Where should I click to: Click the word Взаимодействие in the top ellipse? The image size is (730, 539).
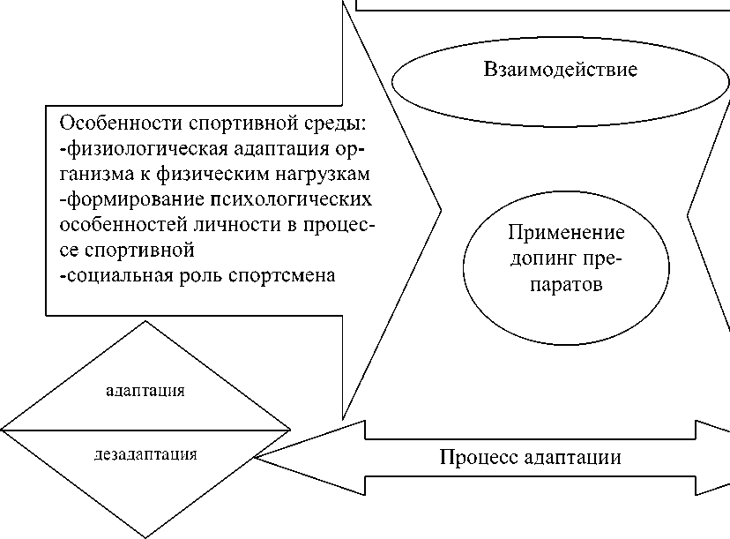pos(560,70)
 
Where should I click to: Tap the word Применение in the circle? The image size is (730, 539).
pos(566,234)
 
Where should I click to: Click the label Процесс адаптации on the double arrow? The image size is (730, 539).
pos(531,458)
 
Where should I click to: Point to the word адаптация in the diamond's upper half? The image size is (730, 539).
pos(145,390)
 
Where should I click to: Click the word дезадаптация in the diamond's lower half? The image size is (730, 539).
pos(145,454)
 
